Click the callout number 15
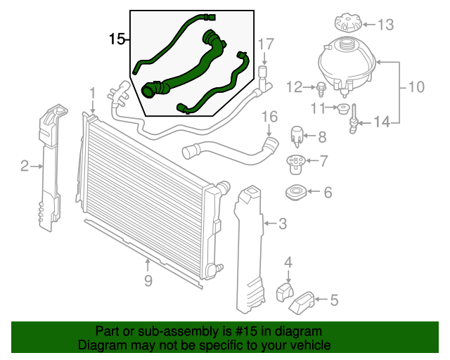pos(116,39)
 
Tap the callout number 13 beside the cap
pos(386,26)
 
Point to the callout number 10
pos(416,88)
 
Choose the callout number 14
pos(381,122)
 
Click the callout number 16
pos(270,116)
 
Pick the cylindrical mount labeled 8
pos(297,134)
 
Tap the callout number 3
pos(282,224)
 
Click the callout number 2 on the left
pos(24,166)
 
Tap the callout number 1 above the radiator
pos(92,93)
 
